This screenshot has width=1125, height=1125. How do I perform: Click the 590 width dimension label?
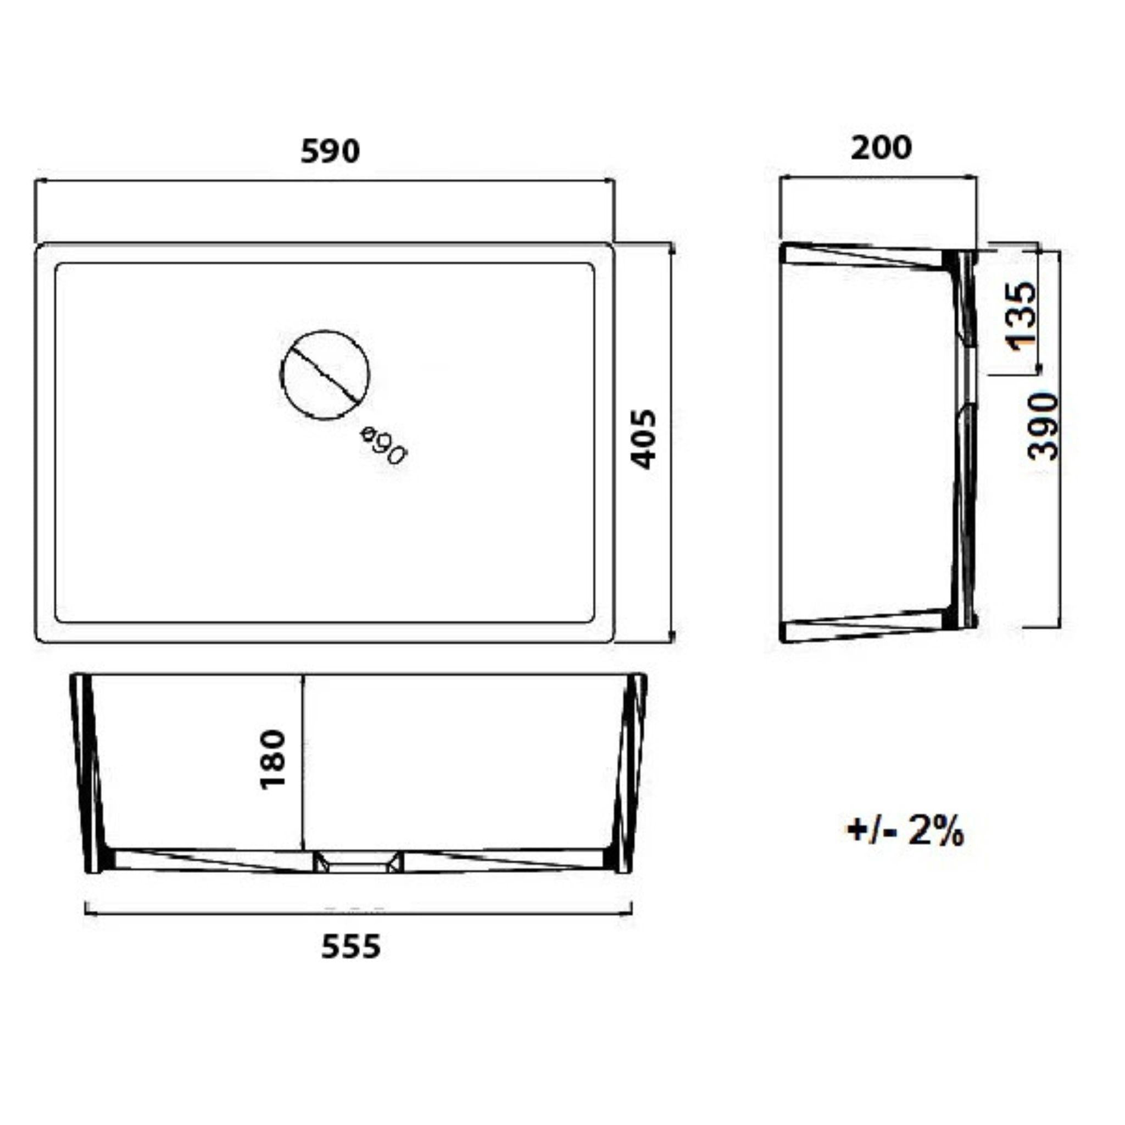(330, 152)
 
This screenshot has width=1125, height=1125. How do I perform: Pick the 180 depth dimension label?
(272, 759)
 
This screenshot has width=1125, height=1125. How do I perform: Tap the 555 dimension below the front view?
(351, 946)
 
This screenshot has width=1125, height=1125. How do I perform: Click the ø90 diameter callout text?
(383, 445)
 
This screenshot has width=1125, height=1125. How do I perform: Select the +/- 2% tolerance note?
(905, 832)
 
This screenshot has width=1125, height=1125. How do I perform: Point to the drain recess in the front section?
(358, 862)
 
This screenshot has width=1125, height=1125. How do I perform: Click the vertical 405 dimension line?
(673, 524)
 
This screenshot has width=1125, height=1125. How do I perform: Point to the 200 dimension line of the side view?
(879, 179)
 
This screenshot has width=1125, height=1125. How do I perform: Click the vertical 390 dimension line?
(1060, 524)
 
